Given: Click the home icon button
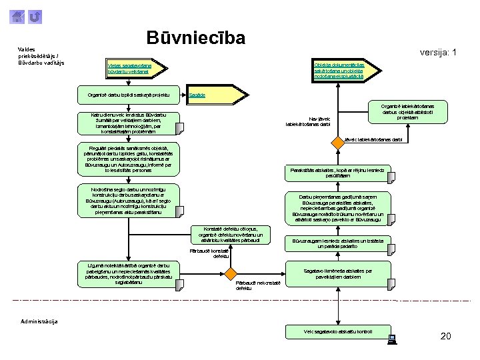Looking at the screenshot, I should [x=19, y=16].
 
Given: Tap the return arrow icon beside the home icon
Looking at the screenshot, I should [x=36, y=16].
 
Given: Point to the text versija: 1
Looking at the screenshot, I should [x=437, y=53].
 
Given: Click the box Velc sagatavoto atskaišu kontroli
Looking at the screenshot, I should [x=339, y=331].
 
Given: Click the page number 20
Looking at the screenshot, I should [x=446, y=336].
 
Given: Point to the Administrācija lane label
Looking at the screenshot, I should [x=39, y=321].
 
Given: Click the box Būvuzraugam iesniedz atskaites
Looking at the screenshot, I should [x=339, y=243].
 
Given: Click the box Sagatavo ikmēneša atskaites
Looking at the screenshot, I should [x=339, y=273].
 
